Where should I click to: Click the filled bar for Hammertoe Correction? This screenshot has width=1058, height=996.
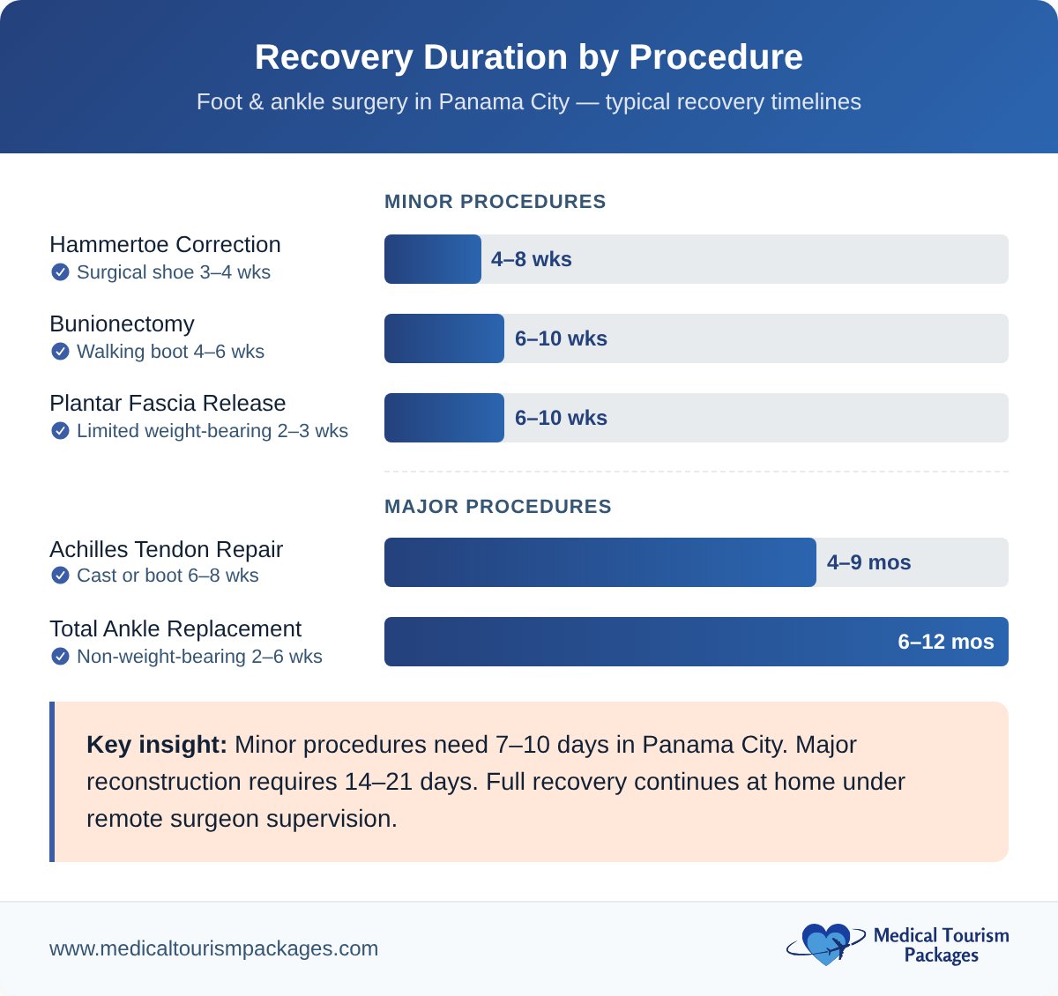point(433,259)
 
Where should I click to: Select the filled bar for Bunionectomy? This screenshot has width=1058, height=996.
point(444,338)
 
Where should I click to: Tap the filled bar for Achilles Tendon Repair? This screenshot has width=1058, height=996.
point(600,562)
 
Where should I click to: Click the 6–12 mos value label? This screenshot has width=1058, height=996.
point(945,642)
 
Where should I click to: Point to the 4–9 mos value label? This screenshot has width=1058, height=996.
point(868,562)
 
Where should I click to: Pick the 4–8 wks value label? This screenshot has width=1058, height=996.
point(531,259)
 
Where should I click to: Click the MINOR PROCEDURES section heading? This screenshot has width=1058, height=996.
point(495,202)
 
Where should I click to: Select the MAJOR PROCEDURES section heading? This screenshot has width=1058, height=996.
point(497,507)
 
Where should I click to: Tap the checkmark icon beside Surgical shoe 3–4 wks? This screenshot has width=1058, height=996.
point(60,272)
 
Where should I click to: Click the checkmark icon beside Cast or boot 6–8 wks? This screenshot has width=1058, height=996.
point(60,576)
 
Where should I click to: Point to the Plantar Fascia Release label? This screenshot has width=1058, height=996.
point(168,403)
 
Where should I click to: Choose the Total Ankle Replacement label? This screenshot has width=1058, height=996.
point(175,628)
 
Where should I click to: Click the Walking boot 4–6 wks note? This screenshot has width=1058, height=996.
point(170,352)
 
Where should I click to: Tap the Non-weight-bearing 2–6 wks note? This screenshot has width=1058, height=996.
point(199,657)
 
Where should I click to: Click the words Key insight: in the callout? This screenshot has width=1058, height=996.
point(157,745)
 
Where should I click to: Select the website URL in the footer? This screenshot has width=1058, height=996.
point(213,948)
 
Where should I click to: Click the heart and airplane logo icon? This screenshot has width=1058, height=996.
point(825,944)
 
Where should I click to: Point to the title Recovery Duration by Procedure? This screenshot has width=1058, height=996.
point(529,57)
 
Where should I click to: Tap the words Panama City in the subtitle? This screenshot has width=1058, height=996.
point(504,102)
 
